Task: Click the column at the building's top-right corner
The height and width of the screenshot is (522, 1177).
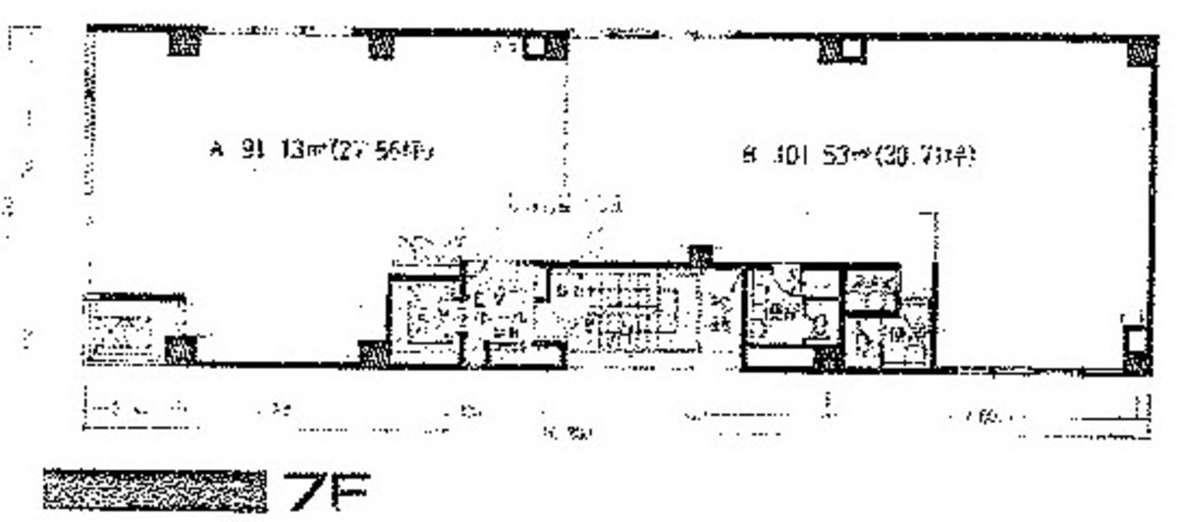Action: [x=1141, y=50]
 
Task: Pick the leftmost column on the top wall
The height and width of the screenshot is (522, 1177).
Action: [x=184, y=42]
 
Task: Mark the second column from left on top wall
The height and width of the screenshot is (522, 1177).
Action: [x=382, y=43]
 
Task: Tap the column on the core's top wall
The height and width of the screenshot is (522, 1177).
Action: [x=699, y=256]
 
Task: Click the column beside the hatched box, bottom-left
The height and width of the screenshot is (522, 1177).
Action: [x=180, y=348]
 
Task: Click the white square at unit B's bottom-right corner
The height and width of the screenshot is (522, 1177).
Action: [x=1135, y=340]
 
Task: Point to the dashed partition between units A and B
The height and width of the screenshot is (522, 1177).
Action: [x=563, y=128]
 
